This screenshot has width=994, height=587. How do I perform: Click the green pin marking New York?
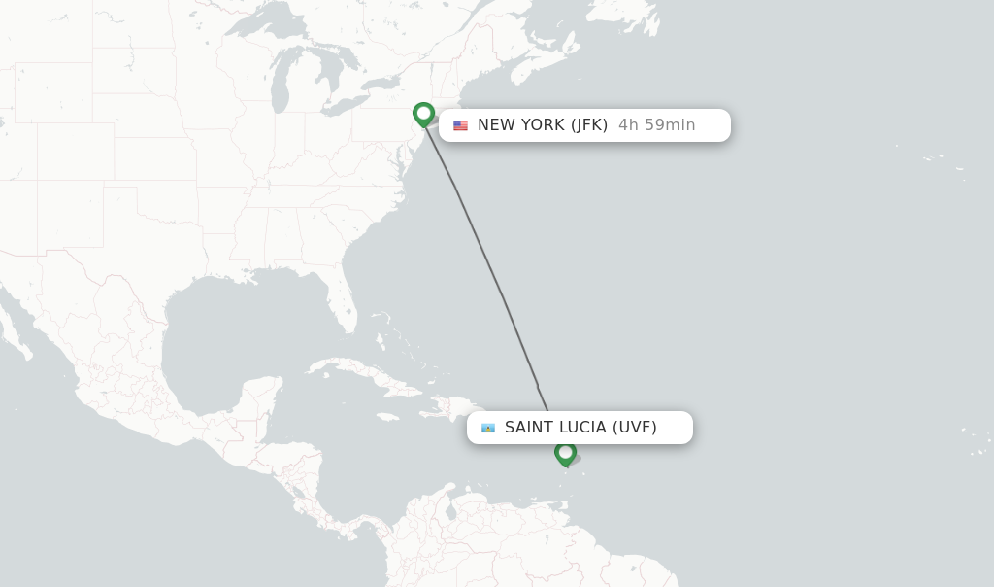point(423,114)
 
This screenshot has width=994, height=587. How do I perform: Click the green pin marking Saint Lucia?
point(565,453)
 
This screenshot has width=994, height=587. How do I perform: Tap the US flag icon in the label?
point(460,125)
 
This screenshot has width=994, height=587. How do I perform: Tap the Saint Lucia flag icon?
point(488,428)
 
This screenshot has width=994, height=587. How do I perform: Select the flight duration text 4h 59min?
point(657,125)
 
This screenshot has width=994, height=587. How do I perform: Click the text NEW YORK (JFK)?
point(542,125)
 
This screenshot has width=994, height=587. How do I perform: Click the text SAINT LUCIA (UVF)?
point(580,428)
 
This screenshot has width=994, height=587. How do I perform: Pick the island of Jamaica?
point(385,417)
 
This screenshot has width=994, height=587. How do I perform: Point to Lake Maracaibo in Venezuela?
point(449,511)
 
